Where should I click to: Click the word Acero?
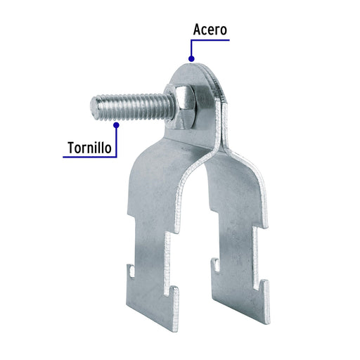click(x=210, y=30)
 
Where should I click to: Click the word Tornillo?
click(x=89, y=148)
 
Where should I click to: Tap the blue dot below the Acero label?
click(x=191, y=58)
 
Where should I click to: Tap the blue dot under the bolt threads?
click(x=116, y=125)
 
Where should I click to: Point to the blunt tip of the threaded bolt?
click(x=94, y=108)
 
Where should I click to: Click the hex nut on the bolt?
click(x=185, y=108)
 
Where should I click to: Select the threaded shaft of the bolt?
click(x=132, y=108)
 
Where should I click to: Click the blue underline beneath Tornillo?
click(x=89, y=157)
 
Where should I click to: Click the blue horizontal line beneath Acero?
click(x=210, y=40)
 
